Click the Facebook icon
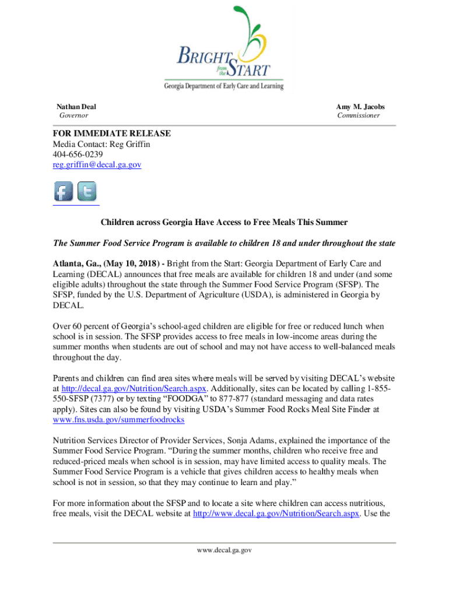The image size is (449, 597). (64, 191)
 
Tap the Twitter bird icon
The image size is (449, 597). (87, 191)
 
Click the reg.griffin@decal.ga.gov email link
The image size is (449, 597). (97, 165)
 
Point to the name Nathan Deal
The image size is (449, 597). (76, 107)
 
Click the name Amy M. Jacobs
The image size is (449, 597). (360, 107)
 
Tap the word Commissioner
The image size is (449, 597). (359, 115)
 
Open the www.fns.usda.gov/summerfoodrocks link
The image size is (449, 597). (118, 420)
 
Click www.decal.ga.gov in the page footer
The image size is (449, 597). (224, 549)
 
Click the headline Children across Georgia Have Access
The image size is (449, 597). (224, 222)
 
